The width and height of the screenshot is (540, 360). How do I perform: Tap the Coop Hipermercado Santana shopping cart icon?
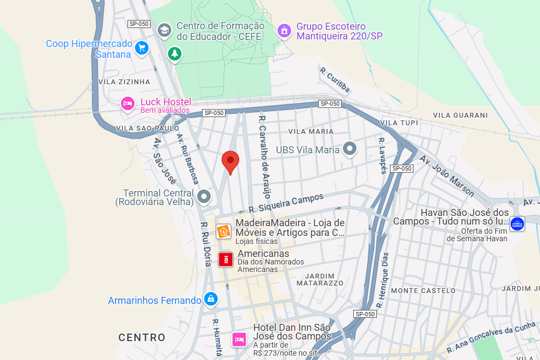click(x=141, y=48)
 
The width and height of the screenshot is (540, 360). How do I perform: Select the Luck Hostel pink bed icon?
click(x=127, y=103)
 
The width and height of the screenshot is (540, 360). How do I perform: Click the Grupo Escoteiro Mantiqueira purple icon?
click(x=283, y=31)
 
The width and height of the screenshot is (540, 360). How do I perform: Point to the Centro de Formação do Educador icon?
click(x=164, y=30)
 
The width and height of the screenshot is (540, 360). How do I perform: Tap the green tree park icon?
click(x=174, y=53)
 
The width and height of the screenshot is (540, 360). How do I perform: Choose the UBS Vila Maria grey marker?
click(x=350, y=149)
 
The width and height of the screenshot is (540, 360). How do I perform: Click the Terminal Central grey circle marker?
click(x=204, y=196)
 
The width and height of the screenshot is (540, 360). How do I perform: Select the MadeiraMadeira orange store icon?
click(x=224, y=231)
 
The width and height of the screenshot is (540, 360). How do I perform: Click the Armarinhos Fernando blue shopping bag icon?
click(x=211, y=299)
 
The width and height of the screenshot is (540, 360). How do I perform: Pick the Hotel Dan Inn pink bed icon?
click(x=239, y=339)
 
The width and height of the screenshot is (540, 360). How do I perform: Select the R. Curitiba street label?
click(x=335, y=79)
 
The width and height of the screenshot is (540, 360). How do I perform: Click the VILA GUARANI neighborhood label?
click(x=460, y=115)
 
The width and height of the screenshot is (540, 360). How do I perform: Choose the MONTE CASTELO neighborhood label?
click(x=423, y=290)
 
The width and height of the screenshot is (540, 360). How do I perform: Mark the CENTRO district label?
click(x=142, y=337)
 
